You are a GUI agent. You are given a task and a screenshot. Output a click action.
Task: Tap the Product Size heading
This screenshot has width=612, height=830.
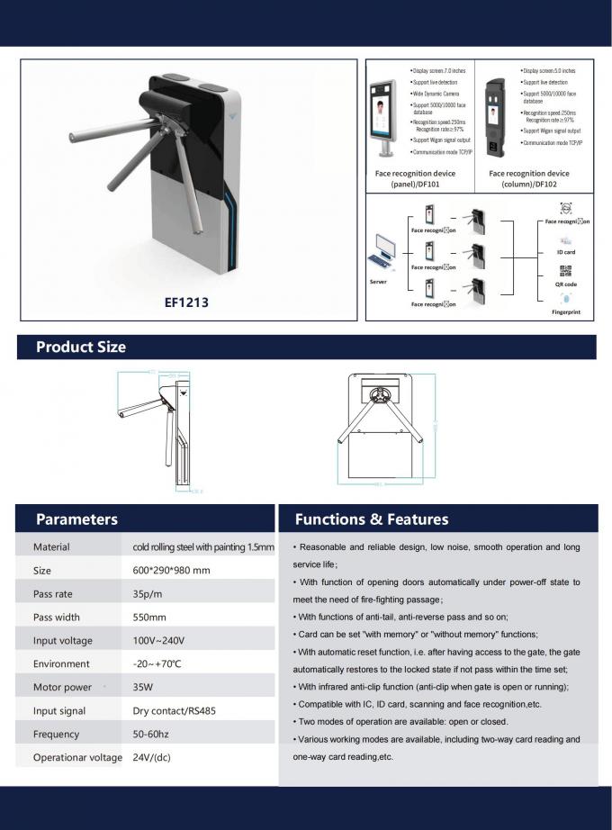coord(81,347)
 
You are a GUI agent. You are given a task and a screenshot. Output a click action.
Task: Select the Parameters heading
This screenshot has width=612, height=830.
coord(76,519)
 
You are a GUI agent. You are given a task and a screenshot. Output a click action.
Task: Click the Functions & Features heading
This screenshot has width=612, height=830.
coord(372,519)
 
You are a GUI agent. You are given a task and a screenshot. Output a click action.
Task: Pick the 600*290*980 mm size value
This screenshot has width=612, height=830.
coord(171,570)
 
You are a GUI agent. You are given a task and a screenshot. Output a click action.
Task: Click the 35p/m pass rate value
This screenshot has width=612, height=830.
coord(148,593)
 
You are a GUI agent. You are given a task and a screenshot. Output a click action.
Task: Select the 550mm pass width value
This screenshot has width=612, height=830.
coord(149,617)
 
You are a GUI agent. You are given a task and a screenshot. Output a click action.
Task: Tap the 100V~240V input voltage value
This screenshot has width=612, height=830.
coord(158,640)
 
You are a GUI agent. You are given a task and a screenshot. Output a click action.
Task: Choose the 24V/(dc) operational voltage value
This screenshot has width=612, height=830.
coord(152,757)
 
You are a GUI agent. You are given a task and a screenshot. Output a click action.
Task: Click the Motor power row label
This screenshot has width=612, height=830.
coord(62,687)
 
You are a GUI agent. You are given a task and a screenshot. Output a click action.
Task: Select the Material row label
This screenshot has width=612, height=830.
coord(51,546)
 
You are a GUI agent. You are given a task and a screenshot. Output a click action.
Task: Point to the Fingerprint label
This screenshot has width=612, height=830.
coord(565,311)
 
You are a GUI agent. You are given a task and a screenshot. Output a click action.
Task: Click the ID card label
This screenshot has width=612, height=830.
coord(565,252)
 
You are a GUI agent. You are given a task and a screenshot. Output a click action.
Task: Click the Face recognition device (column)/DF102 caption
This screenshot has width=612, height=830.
coord(529,178)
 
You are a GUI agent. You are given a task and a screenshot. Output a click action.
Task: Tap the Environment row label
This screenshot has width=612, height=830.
coord(61,663)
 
